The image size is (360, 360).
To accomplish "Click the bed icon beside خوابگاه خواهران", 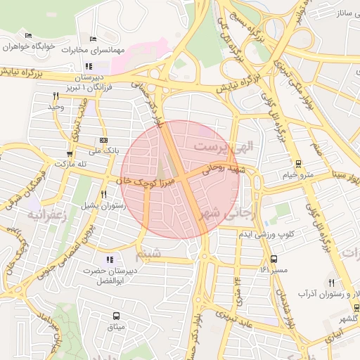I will point(28,36).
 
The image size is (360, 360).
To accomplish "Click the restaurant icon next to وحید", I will point(56,96).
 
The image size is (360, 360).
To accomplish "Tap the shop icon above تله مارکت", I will point(68,154).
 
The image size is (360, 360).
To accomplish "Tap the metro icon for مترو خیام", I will point(298,164).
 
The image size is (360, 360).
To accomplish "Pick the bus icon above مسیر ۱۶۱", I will point(274,258).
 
